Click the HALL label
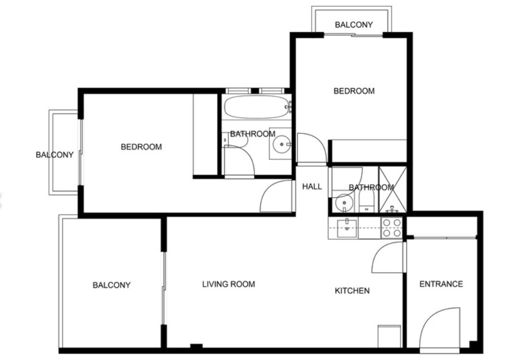[x=312, y=186]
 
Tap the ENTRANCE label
[x=441, y=284]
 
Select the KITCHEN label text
[x=352, y=291]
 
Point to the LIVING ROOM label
[x=229, y=284]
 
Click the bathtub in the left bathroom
[x=257, y=107]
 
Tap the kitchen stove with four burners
[x=392, y=228]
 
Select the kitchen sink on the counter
[x=347, y=228]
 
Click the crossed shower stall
[x=393, y=189]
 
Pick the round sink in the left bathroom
[x=282, y=144]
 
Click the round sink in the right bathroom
[x=344, y=203]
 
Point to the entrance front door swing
[x=440, y=329]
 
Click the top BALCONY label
[x=354, y=25]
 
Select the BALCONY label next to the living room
[x=112, y=285]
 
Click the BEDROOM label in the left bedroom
[x=141, y=147]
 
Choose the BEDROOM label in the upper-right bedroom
[x=354, y=91]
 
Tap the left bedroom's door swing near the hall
[x=277, y=196]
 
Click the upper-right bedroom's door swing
[x=312, y=148]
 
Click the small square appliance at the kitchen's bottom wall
[x=389, y=336]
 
